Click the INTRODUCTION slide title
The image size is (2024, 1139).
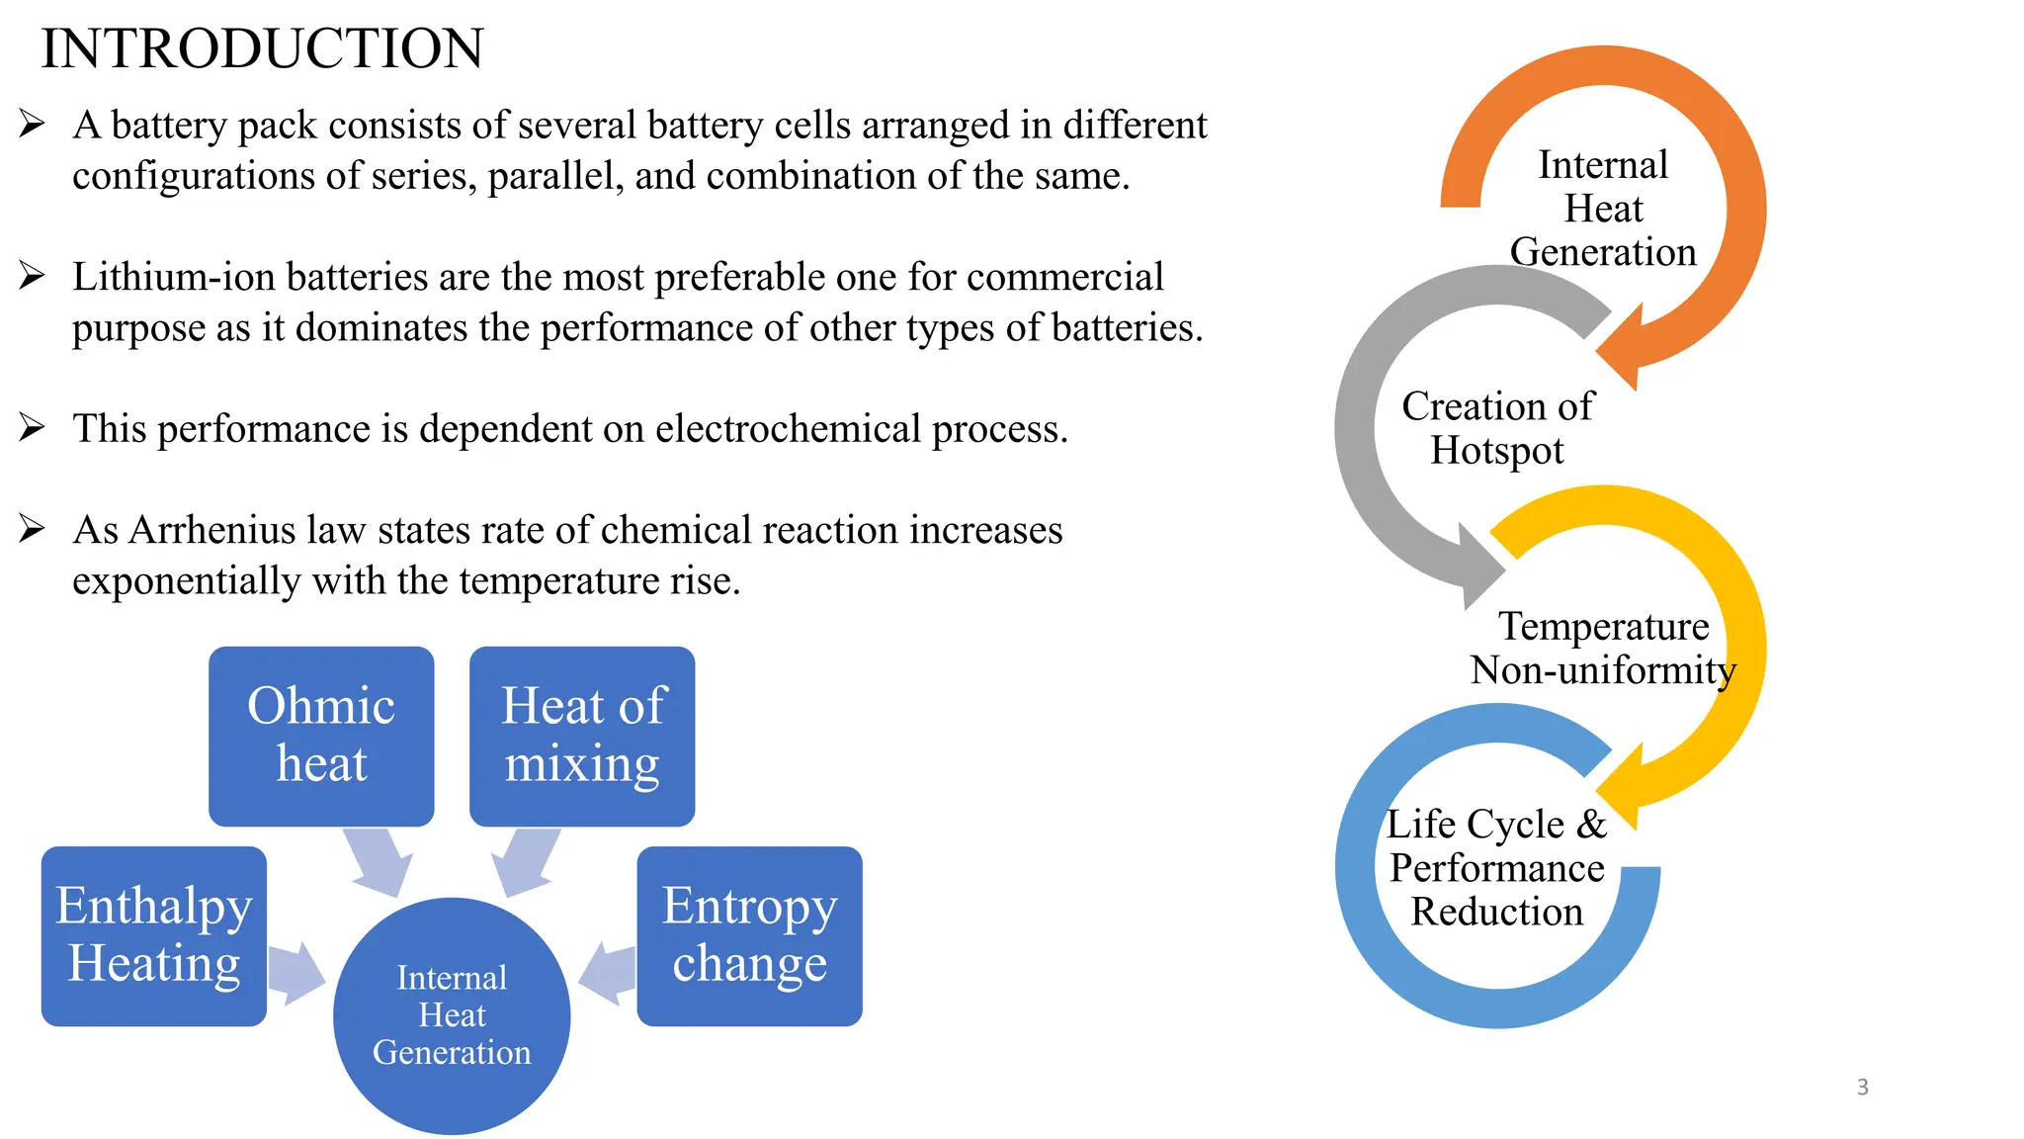[x=262, y=48]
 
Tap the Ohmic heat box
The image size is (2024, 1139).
[x=321, y=736]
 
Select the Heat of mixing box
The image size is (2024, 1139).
[x=582, y=736]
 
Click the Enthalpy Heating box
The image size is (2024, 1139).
[x=154, y=935]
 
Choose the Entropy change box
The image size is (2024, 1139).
[x=749, y=935]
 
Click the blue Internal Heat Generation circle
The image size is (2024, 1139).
[x=452, y=1015]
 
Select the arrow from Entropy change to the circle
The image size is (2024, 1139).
[x=607, y=973]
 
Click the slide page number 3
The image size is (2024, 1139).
[x=1862, y=1087]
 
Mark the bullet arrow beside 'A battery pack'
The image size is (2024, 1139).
[x=32, y=125]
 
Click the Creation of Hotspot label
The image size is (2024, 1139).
[x=1497, y=428]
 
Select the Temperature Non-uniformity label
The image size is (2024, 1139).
[x=1603, y=648]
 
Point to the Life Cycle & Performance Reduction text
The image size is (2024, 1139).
[x=1497, y=867]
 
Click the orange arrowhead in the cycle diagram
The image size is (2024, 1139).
[x=1621, y=347]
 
